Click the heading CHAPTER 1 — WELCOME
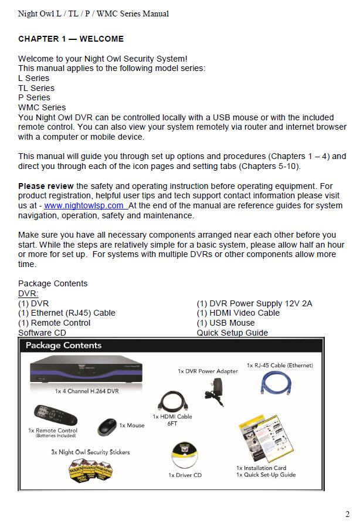(x=71, y=39)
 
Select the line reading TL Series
(x=36, y=88)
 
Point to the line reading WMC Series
(x=42, y=107)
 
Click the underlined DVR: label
(x=28, y=293)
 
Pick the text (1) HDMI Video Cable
(x=238, y=313)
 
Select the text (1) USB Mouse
(x=226, y=323)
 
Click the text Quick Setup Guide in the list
(x=232, y=333)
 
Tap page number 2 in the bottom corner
(x=348, y=514)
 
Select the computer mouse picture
(x=106, y=424)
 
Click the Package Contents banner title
(x=63, y=346)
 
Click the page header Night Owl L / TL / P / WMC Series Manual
(x=93, y=13)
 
